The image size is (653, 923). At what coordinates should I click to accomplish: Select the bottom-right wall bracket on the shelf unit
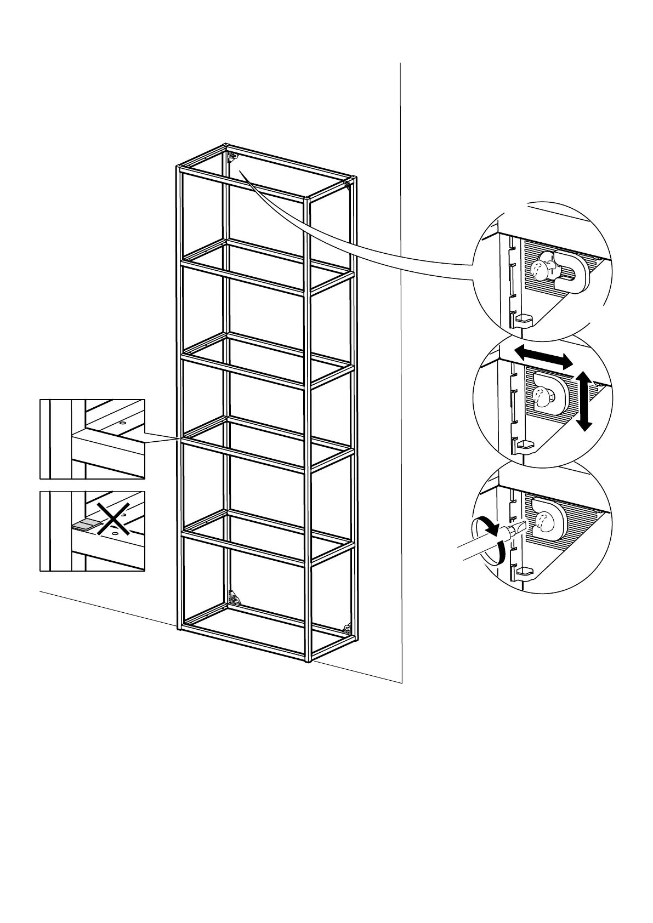click(x=347, y=629)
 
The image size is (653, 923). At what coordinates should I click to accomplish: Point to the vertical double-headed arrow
click(x=585, y=400)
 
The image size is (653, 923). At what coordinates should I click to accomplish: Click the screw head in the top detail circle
click(x=540, y=269)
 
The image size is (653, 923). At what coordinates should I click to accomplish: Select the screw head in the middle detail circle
click(x=542, y=396)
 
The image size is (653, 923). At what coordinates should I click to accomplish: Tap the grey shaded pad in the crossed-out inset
click(x=83, y=525)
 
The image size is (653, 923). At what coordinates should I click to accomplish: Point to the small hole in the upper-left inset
click(x=122, y=423)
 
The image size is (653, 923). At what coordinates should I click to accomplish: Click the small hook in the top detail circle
click(x=524, y=319)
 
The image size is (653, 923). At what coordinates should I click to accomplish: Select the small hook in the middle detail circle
click(x=524, y=444)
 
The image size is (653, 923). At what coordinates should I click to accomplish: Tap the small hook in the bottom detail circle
click(x=524, y=571)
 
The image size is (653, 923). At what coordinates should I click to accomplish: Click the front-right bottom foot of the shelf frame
click(x=308, y=659)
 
